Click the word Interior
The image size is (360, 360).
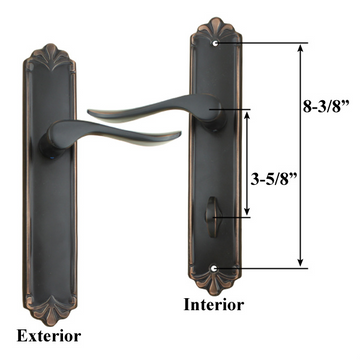[211, 302]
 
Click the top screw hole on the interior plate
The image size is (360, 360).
[217, 45]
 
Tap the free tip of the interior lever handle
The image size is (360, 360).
[93, 111]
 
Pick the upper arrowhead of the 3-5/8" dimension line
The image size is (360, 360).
[246, 113]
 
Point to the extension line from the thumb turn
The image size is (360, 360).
[236, 215]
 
